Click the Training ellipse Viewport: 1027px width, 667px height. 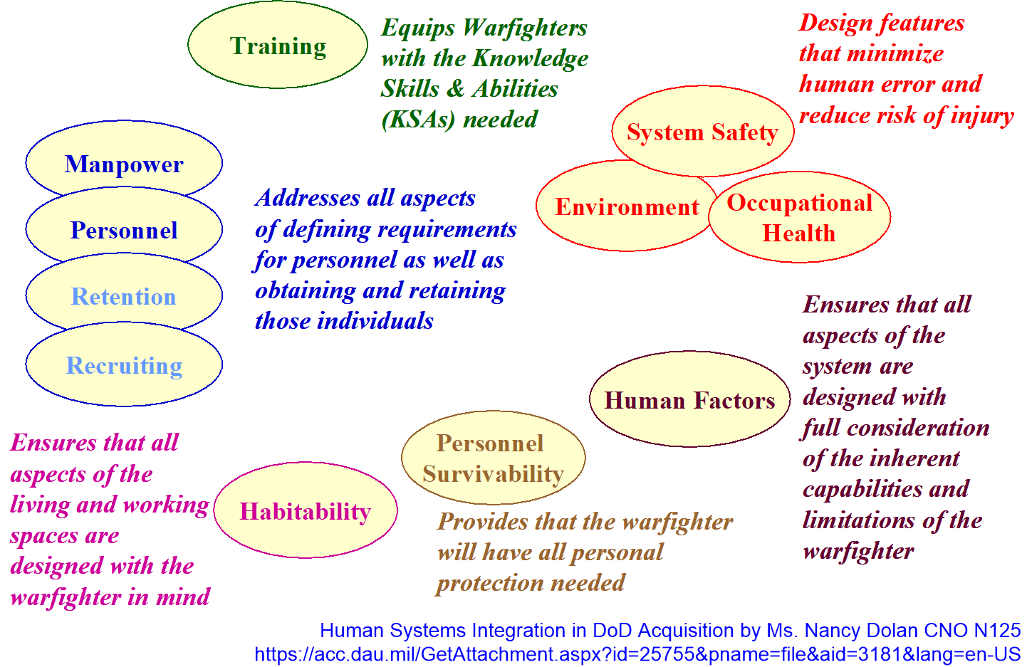[x=278, y=46]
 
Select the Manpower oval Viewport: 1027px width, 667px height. [x=124, y=164]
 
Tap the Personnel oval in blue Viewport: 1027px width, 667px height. [x=124, y=230]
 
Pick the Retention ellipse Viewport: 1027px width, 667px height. [x=124, y=296]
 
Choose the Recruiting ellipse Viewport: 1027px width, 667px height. [x=124, y=365]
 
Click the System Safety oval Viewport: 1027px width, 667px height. [x=702, y=132]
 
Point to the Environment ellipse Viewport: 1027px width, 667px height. [x=626, y=207]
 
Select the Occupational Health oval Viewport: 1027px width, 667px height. [x=799, y=218]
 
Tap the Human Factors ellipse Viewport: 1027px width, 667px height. [x=689, y=400]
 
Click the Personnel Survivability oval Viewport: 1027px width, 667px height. [x=493, y=458]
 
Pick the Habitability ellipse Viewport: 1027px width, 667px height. [x=305, y=511]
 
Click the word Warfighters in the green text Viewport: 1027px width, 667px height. [x=525, y=28]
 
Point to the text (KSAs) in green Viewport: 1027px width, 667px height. [x=418, y=119]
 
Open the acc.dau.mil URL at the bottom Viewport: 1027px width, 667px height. [x=637, y=653]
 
